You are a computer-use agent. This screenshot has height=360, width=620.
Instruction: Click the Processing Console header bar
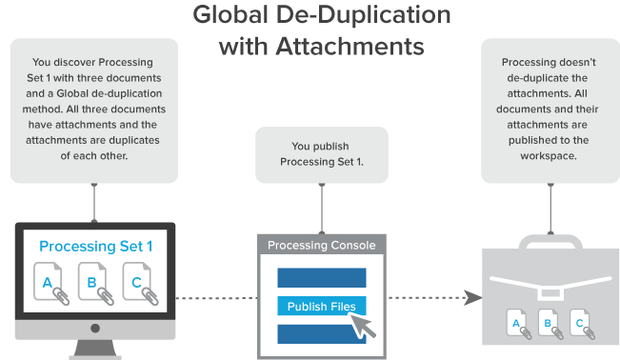click(x=322, y=245)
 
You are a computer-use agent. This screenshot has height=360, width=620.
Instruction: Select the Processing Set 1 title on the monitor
click(x=96, y=247)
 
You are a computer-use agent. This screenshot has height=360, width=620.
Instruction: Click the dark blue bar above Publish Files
click(x=321, y=277)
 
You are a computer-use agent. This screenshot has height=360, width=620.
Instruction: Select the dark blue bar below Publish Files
click(x=321, y=334)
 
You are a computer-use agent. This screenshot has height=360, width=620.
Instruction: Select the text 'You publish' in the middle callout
click(x=321, y=146)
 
